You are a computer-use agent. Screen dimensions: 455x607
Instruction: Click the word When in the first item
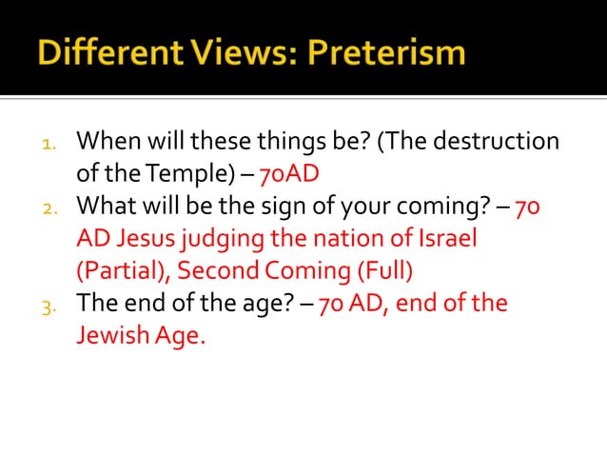(x=105, y=143)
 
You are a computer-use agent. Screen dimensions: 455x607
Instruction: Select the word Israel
(x=446, y=238)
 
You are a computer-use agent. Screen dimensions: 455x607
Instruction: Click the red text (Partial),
(x=123, y=270)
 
